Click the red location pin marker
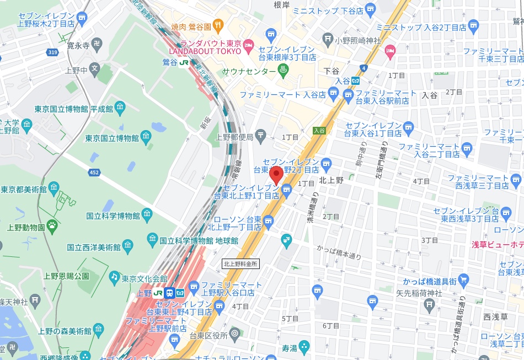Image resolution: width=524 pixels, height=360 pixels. (x=277, y=175)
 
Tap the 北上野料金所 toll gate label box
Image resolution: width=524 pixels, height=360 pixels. (x=240, y=264)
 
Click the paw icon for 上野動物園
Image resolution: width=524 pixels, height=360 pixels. (x=52, y=224)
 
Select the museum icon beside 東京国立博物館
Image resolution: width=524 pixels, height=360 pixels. (x=146, y=137)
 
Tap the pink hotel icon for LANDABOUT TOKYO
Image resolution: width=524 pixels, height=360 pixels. (x=248, y=44)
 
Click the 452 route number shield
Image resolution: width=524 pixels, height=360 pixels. (x=94, y=173)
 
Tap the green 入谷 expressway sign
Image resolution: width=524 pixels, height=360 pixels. (x=319, y=131)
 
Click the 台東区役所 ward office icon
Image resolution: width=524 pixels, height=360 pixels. (x=234, y=333)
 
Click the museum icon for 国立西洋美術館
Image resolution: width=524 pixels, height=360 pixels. (x=127, y=244)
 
